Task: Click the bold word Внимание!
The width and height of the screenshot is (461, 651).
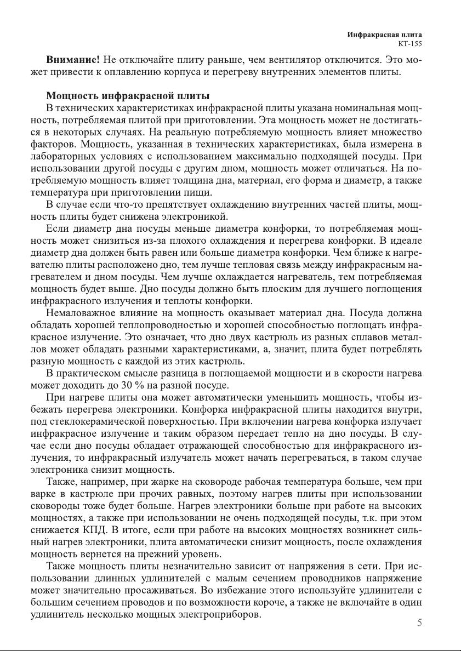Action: pyautogui.click(x=72, y=59)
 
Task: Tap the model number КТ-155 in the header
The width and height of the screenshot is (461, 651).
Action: pyautogui.click(x=410, y=43)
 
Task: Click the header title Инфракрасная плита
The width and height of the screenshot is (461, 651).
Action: pyautogui.click(x=384, y=35)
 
